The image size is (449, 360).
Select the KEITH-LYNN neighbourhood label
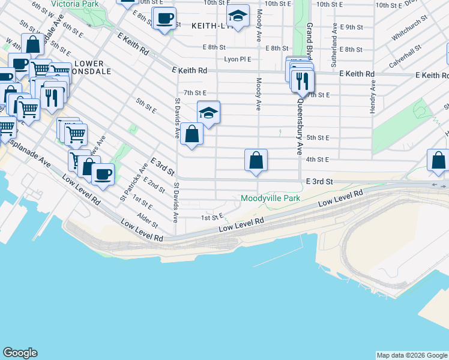click(x=210, y=26)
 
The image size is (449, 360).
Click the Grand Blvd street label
click(x=309, y=43)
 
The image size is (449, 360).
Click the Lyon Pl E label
click(x=238, y=59)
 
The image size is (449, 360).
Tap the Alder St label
click(x=147, y=220)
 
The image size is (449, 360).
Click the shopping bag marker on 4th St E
click(x=256, y=161)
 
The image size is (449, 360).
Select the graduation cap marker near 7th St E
click(x=208, y=112)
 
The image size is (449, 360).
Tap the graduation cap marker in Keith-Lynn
click(x=238, y=17)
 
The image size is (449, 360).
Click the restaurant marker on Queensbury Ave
click(x=303, y=80)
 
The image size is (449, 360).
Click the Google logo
click(x=20, y=353)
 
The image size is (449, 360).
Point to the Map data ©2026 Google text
click(x=411, y=355)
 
